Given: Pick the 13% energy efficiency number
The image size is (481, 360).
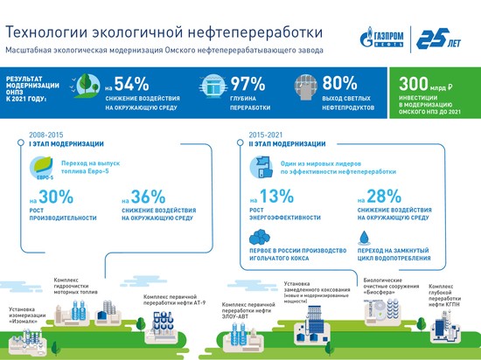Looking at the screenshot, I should point(268,198).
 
